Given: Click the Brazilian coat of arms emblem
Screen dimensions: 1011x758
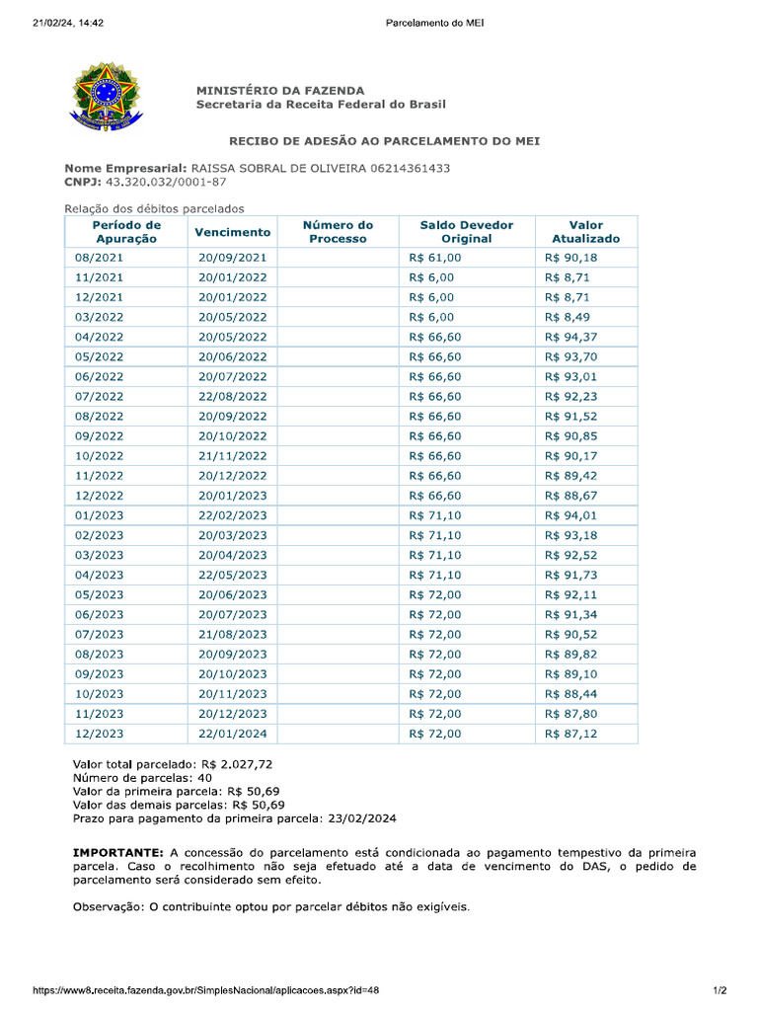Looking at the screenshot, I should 100,96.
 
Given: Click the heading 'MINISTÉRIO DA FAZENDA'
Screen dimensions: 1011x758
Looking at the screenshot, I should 280,90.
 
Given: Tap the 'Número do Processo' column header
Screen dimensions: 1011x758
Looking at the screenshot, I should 338,231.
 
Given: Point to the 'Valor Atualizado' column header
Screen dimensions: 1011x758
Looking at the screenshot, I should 585,231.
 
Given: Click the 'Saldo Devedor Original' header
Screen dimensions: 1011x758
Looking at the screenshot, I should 466,231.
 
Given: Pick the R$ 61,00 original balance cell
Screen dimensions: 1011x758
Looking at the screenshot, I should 435,258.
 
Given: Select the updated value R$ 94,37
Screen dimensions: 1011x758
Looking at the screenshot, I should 570,337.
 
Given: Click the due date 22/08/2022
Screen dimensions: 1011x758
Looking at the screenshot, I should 233,396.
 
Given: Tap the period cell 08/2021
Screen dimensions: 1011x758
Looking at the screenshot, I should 100,258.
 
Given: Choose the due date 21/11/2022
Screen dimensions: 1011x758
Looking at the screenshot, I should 233,455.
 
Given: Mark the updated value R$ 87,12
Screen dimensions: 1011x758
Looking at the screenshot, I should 570,734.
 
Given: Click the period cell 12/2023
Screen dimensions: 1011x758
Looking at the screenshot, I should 100,734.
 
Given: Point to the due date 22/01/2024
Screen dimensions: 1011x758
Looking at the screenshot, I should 233,734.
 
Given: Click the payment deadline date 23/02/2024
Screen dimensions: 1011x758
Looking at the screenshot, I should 359,818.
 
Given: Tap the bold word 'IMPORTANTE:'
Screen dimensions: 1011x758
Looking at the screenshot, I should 117,852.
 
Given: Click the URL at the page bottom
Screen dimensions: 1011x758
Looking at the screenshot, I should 206,990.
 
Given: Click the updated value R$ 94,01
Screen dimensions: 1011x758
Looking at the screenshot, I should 570,514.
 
